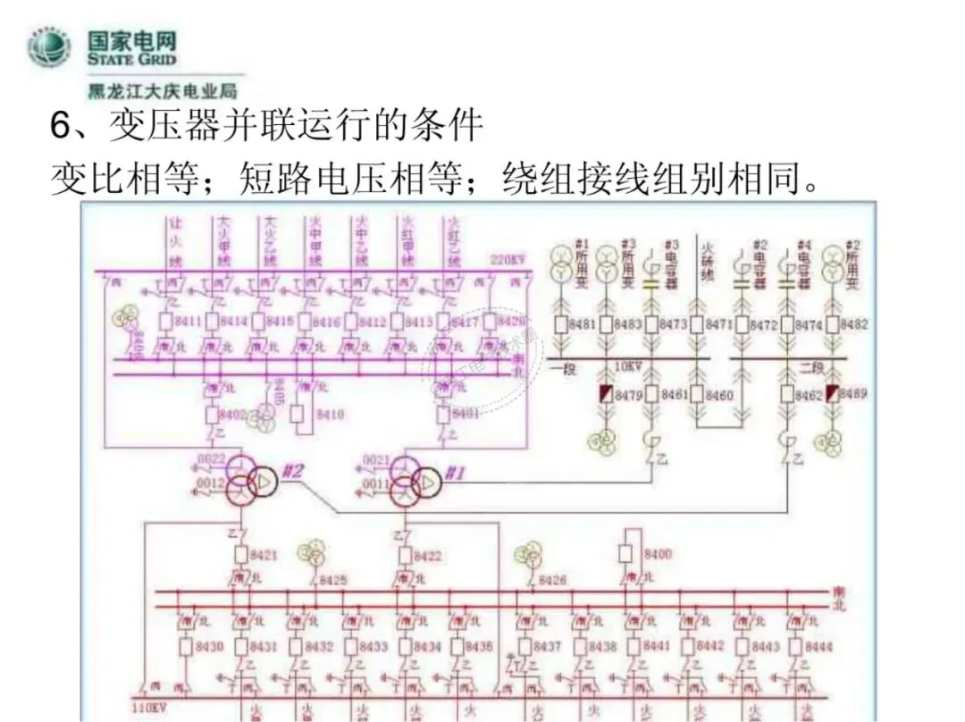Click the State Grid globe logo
48,48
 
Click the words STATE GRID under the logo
131,59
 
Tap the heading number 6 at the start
61,126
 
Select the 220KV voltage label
508,260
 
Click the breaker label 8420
511,322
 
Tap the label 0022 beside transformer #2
211,460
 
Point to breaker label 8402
233,415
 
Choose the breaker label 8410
331,415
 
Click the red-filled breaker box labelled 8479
606,394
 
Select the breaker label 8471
719,324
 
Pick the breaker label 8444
818,646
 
